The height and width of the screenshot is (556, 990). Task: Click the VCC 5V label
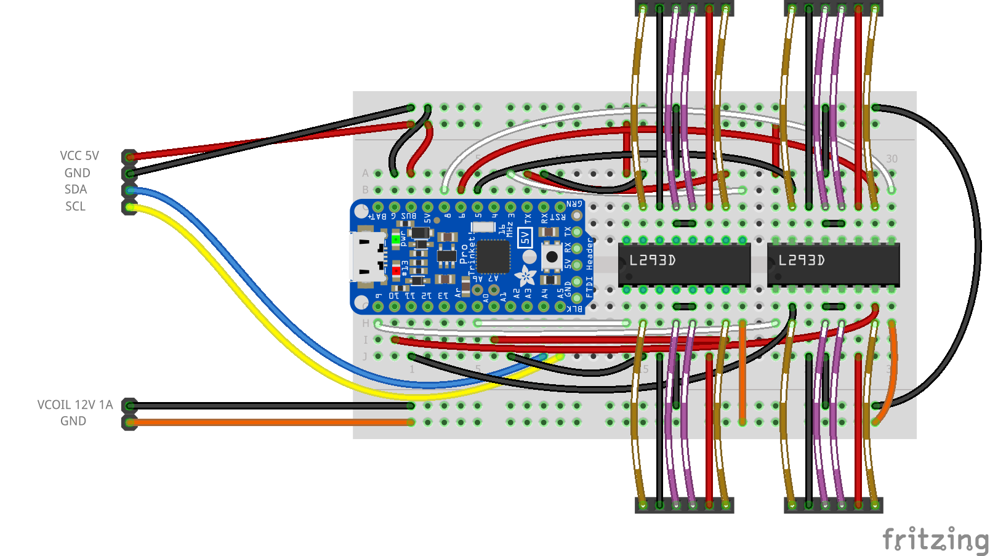[x=79, y=156]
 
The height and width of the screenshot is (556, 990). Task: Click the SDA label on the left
[x=76, y=190]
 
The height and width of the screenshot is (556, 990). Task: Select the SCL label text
[x=75, y=206]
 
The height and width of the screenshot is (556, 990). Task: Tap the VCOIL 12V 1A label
[x=75, y=405]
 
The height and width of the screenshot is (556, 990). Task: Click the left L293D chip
[x=684, y=263]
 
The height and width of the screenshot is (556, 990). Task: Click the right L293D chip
[x=833, y=263]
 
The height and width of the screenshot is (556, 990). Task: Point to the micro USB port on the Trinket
[x=367, y=257]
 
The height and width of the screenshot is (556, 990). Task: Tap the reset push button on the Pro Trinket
[x=551, y=257]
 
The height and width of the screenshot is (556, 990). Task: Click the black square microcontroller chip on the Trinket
[x=493, y=256]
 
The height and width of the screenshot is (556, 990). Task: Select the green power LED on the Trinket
[x=395, y=240]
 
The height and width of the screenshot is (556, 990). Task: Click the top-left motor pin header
[x=684, y=9]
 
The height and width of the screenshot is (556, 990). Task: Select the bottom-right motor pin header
[x=833, y=506]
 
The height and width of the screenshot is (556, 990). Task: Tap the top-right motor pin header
[x=833, y=9]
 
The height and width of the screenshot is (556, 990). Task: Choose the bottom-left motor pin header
[x=684, y=506]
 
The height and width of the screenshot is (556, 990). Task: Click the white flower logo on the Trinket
[x=525, y=276]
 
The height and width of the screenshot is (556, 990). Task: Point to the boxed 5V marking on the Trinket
[x=525, y=238]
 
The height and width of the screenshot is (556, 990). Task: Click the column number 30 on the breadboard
[x=891, y=159]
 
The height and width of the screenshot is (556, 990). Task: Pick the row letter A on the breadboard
[x=365, y=174]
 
